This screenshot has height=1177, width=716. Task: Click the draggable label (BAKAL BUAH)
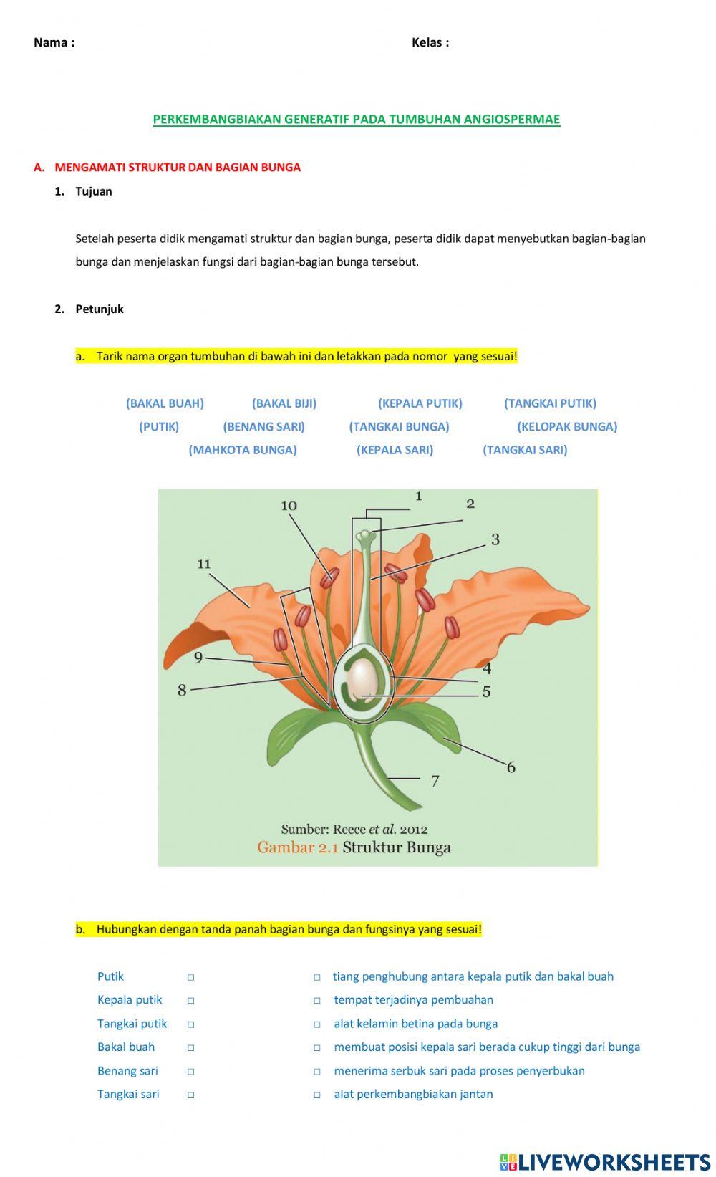[x=165, y=403]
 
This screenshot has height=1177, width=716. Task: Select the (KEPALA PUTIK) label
[x=420, y=403]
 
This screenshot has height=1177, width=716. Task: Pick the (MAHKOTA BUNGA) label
[x=243, y=450]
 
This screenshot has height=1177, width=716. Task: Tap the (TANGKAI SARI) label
[x=525, y=450]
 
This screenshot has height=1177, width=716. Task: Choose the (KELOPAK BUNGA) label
[x=567, y=426]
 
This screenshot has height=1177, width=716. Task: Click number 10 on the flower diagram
[x=289, y=506]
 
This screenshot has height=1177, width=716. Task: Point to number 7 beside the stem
[x=435, y=781]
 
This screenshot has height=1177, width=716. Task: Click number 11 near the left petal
[x=204, y=565]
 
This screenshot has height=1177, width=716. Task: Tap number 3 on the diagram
[x=495, y=539]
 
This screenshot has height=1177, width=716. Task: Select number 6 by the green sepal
[x=511, y=767]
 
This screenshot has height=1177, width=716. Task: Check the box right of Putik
[x=191, y=977]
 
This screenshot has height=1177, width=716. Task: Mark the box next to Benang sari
[x=191, y=1072]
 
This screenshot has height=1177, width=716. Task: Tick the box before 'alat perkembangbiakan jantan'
[x=316, y=1095]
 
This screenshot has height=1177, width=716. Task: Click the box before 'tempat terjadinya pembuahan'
[x=316, y=1001]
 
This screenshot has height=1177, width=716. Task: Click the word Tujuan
[x=94, y=191]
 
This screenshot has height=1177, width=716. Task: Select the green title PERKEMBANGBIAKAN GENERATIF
[x=357, y=120]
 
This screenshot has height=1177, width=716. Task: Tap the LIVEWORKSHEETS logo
[x=605, y=1161]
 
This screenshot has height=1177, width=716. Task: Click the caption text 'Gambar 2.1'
[x=297, y=847]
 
